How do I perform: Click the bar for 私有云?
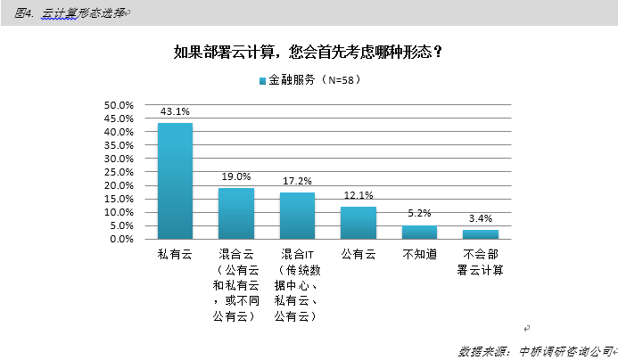pos(175,181)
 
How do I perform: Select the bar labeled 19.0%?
pos(236,214)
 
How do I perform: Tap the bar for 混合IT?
pos(297,216)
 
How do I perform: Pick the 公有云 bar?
pos(358,223)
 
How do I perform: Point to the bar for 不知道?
pos(419,233)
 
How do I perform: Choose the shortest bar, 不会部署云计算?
pos(480,234)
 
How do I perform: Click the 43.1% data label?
pos(175,111)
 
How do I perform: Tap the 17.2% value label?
pos(297,181)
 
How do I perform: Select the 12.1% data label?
pos(358,195)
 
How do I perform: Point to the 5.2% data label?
pos(419,214)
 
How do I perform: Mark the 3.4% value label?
pos(480,218)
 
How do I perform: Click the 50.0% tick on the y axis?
pos(119,105)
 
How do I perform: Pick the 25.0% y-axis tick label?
pos(119,172)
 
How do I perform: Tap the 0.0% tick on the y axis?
pos(121,239)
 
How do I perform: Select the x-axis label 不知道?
pos(419,254)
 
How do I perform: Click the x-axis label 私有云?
pos(175,254)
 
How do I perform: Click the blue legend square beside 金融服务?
pos(262,81)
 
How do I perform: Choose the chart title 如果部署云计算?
pos(309,51)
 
